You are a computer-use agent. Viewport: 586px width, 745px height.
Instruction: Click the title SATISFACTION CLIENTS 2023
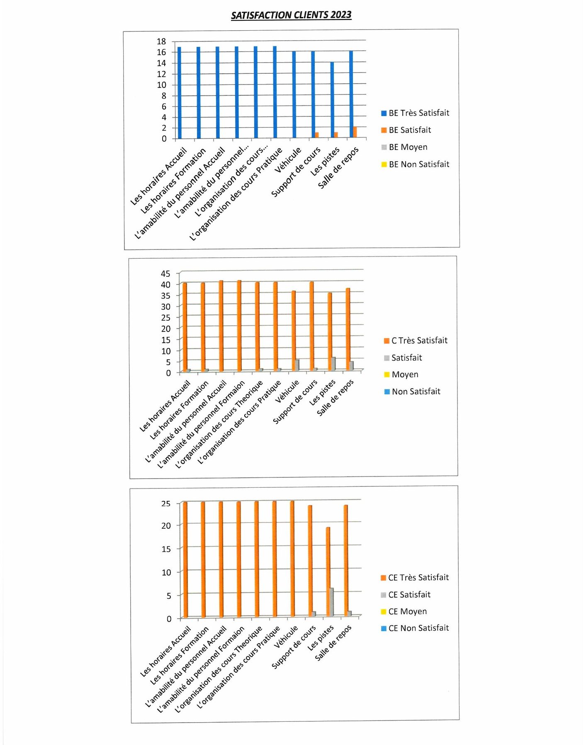pos(291,15)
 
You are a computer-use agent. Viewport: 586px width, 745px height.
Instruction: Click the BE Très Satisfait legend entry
pos(415,113)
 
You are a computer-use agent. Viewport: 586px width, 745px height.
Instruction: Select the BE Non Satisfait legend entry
pos(415,164)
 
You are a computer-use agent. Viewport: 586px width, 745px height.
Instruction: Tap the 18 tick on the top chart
pos(161,41)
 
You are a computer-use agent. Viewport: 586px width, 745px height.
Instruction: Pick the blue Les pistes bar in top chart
pos(332,100)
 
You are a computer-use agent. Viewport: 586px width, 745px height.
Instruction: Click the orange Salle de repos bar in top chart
pos(355,133)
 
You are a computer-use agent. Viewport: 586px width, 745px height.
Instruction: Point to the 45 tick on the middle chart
pos(165,273)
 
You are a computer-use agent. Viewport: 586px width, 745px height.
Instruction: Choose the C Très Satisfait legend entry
pos(416,341)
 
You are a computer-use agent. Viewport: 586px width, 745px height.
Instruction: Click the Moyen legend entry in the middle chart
pos(401,375)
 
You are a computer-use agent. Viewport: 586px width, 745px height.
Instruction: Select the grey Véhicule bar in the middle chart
pos(297,365)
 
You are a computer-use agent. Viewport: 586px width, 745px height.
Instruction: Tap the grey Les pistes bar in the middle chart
pos(333,363)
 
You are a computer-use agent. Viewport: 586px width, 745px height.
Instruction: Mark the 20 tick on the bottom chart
pos(166,525)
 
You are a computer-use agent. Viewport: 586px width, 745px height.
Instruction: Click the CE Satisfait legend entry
pos(406,595)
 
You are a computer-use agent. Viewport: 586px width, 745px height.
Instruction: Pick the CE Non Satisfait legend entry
pos(415,628)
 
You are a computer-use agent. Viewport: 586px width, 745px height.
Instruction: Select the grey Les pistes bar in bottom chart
pos(331,602)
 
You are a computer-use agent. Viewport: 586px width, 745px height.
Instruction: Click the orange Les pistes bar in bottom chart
pos(328,572)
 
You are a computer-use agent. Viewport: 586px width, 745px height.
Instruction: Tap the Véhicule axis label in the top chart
pos(288,160)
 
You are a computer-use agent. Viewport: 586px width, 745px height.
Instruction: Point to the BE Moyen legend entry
pos(404,147)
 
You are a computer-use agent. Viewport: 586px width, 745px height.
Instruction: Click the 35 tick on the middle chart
pos(165,295)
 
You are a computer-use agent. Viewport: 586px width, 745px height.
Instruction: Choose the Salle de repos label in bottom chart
pos(333,643)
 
